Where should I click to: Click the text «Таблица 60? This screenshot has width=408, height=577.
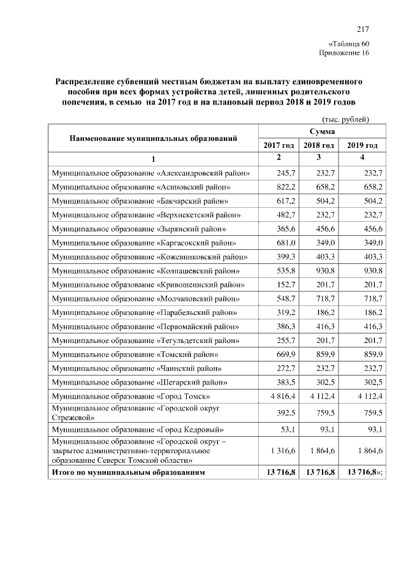click(x=348, y=43)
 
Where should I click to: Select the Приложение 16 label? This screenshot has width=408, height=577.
click(x=344, y=52)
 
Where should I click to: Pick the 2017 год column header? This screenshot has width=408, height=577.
click(x=279, y=145)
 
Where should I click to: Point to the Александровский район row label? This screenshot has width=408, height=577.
click(x=150, y=173)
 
